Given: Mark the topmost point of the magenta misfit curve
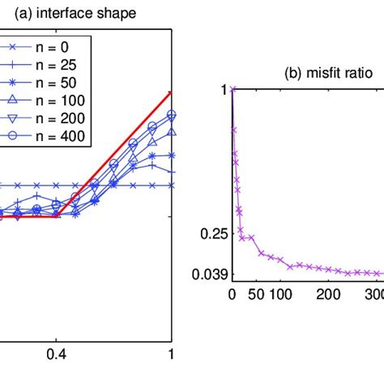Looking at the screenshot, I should point(233,90).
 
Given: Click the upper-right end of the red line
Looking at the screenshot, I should point(171,92).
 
